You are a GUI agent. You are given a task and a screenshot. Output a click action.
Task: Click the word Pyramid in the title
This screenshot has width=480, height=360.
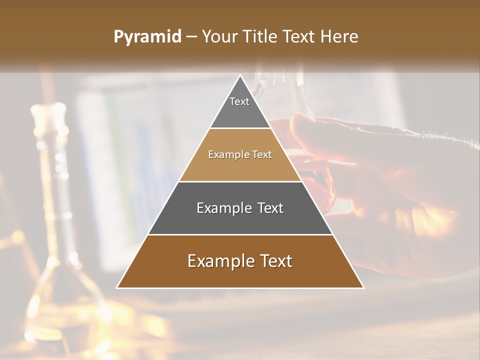point(147,37)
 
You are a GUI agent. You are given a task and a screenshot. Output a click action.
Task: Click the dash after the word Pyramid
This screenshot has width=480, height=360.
point(191,37)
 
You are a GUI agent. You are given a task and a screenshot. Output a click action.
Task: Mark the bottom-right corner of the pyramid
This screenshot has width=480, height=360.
point(363,287)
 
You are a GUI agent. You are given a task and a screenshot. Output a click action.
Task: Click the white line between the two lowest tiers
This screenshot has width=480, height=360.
point(240,234)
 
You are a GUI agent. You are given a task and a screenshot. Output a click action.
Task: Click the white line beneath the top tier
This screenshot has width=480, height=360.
point(240,128)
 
